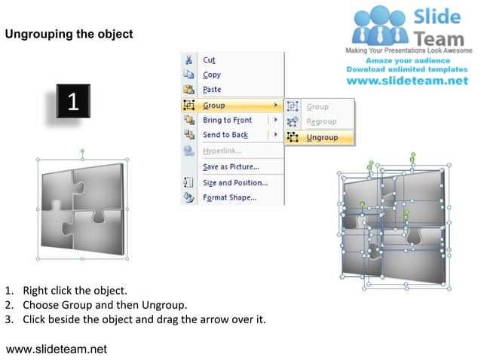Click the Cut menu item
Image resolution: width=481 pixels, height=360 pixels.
tap(209, 60)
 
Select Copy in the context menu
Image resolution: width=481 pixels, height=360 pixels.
tap(211, 75)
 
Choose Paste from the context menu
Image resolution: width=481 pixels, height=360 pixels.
tap(212, 90)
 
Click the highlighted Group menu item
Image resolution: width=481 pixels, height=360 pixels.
tap(214, 105)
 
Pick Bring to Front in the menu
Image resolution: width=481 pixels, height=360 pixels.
tap(227, 121)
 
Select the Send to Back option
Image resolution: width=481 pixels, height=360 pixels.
tap(225, 135)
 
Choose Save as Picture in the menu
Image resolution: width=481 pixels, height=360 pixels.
tap(231, 166)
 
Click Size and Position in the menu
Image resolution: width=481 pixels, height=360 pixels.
tap(234, 182)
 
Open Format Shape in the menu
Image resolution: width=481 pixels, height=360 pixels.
tap(229, 198)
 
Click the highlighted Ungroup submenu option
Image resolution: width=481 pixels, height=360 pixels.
tap(322, 138)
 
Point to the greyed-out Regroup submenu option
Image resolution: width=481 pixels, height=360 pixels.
tap(321, 122)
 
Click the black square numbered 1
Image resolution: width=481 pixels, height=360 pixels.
tap(73, 102)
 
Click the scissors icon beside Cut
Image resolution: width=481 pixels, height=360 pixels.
tap(188, 60)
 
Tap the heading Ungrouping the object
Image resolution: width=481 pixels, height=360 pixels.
tap(69, 34)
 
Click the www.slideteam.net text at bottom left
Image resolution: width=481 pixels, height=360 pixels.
tap(57, 349)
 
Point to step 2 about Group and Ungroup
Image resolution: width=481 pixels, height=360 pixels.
tap(105, 305)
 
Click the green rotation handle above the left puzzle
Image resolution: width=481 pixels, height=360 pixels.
tap(82, 151)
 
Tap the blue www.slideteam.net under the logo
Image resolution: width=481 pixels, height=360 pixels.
tap(407, 81)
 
